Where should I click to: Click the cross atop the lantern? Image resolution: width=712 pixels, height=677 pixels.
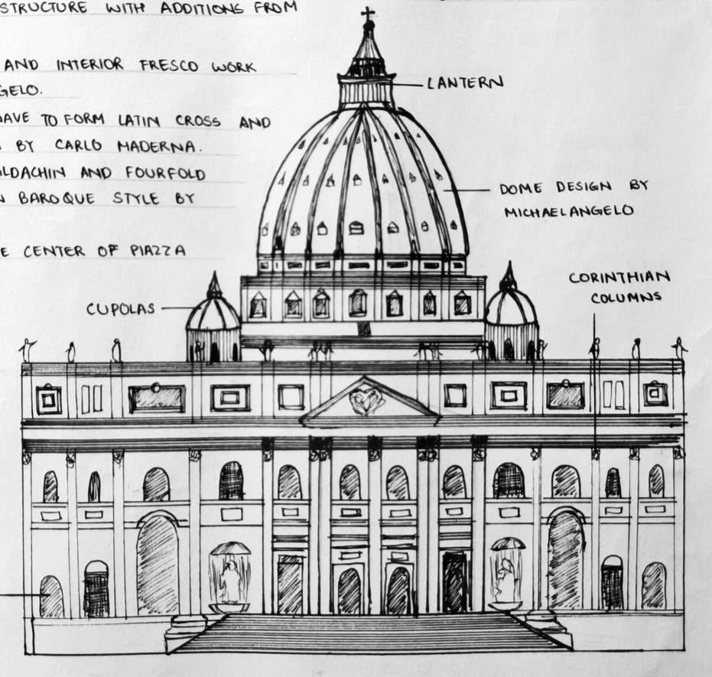pos(368,14)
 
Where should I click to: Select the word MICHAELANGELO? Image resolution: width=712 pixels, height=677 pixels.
pos(568,211)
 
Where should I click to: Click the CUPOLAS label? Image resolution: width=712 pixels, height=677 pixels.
pos(121,309)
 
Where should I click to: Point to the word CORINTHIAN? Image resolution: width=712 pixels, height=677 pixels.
pos(619,278)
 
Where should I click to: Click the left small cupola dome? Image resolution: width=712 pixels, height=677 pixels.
pos(213,310)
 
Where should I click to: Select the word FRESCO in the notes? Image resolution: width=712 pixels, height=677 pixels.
pos(169,66)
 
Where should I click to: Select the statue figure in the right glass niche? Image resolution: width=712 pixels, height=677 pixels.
pos(506,578)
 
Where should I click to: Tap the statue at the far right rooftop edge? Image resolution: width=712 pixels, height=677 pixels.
pos(678,348)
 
